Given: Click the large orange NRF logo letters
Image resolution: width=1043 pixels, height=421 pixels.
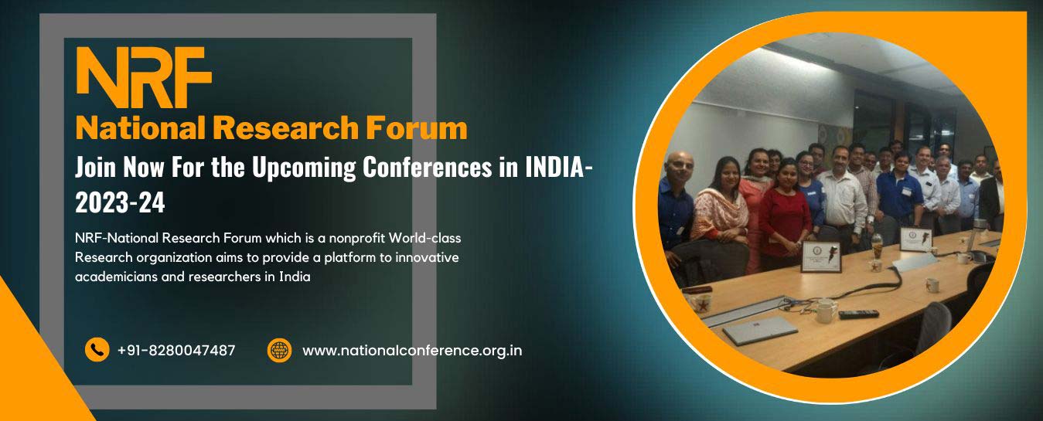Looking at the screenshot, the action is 144,77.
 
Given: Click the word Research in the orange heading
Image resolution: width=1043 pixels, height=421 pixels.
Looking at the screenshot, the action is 285,128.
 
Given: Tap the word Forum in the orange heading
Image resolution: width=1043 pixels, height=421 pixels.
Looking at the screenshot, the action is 416,128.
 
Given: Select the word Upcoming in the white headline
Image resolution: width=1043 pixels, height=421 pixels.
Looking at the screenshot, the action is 304,168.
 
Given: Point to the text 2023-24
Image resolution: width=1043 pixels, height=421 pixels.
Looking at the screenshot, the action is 120,203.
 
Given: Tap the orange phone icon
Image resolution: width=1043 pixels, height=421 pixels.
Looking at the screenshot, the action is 97,350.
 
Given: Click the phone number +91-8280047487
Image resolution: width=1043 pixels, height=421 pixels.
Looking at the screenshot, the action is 176,350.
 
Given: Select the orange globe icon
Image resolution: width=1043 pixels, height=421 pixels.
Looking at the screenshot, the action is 279,350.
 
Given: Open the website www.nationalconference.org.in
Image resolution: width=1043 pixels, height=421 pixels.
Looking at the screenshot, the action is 412,351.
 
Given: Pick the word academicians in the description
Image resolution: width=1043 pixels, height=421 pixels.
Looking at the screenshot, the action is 116,277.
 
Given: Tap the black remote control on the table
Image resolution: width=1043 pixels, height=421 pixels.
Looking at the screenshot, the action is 859,314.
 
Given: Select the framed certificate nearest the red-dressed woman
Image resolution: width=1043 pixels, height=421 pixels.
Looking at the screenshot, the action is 821,256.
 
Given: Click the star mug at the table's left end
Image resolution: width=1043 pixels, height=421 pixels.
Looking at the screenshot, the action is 700,303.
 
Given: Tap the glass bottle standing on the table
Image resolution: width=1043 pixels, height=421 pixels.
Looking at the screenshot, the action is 877,246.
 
